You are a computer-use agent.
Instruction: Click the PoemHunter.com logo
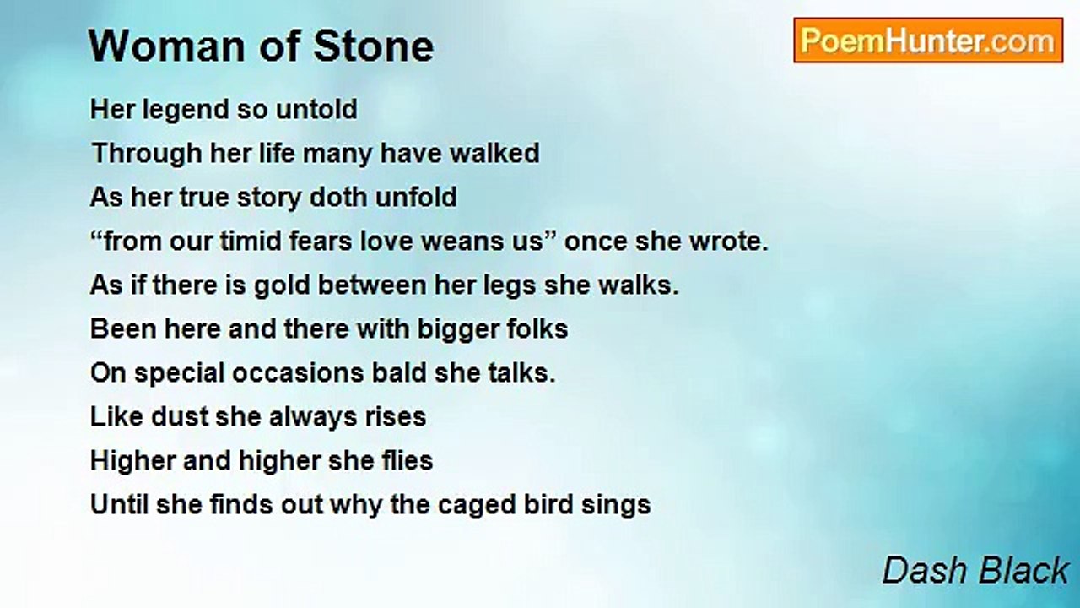pyautogui.click(x=928, y=41)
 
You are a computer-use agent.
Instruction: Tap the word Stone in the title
pyautogui.click(x=374, y=46)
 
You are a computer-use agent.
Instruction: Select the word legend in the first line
pyautogui.click(x=186, y=111)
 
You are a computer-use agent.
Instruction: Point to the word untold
pyautogui.click(x=316, y=109)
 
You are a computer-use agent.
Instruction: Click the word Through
pyautogui.click(x=147, y=155)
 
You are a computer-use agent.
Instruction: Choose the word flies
pyautogui.click(x=408, y=460)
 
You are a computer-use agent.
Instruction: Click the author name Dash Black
pyautogui.click(x=975, y=570)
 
